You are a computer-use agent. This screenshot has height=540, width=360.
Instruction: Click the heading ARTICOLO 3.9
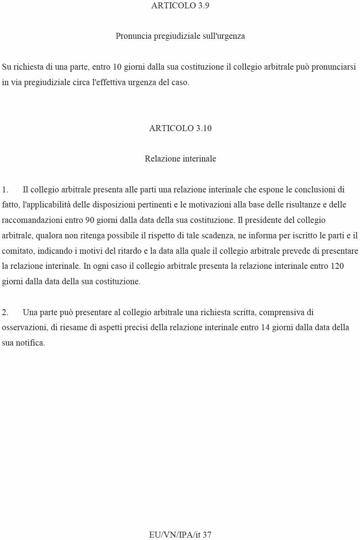(180, 6)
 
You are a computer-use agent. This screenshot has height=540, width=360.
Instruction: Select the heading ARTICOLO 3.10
(180, 128)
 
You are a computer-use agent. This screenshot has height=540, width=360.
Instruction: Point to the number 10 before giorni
(117, 67)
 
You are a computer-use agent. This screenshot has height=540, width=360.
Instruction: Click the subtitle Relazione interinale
(180, 159)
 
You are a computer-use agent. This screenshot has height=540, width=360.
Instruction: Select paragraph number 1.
(5, 190)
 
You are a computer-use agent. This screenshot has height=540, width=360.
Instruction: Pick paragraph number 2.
(5, 312)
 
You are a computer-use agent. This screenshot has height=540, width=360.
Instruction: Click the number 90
(90, 220)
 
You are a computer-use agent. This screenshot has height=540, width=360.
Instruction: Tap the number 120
(337, 266)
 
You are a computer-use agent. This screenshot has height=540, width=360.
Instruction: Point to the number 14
(265, 327)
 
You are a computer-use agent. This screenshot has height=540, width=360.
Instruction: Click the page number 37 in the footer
(207, 535)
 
